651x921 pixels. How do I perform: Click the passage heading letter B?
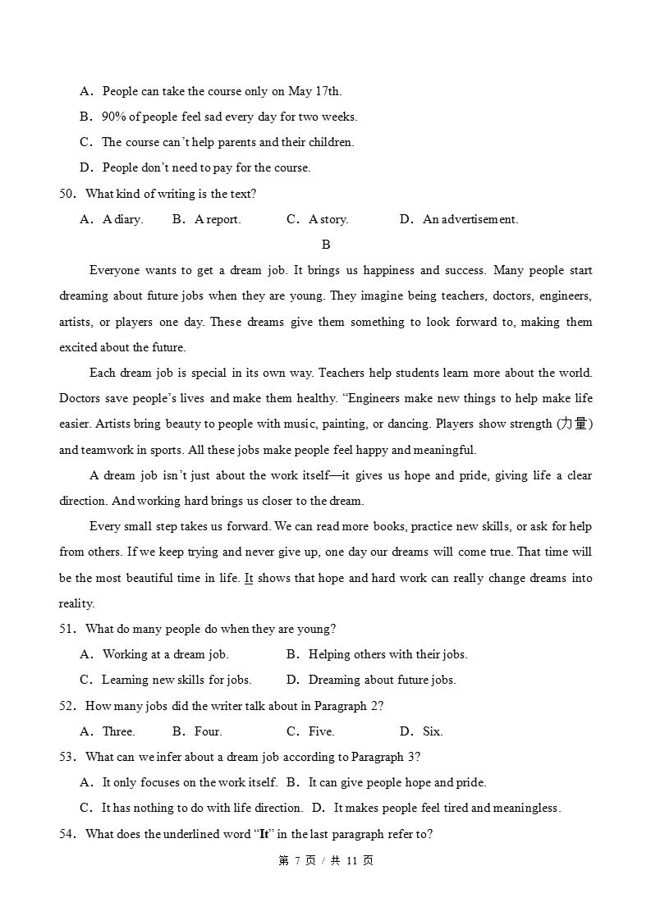326,245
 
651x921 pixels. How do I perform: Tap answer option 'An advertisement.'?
470,219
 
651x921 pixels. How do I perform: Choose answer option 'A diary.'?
122,219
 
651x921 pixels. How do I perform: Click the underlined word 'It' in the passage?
249,578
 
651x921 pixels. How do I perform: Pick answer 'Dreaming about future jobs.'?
382,680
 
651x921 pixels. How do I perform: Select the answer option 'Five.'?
321,731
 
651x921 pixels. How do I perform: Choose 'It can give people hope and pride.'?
397,782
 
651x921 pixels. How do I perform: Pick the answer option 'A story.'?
328,219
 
